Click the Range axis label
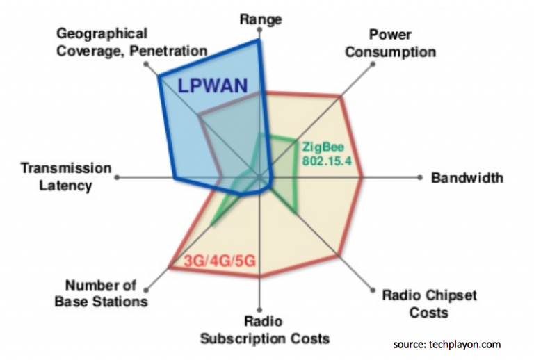(x=261, y=19)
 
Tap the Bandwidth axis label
(x=467, y=178)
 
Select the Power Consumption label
(x=391, y=43)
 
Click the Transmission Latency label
(x=66, y=177)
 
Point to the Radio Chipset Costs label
(x=429, y=304)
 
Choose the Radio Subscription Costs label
(x=265, y=329)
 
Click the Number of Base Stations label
(x=101, y=293)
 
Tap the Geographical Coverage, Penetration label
(x=132, y=42)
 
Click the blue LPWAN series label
(x=213, y=85)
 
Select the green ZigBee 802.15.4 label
(x=327, y=154)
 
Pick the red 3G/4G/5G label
(x=220, y=261)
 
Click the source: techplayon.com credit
(x=447, y=344)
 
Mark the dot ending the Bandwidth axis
(x=420, y=177)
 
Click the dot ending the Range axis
(x=259, y=30)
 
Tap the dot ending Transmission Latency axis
(x=117, y=177)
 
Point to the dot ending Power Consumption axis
(x=373, y=64)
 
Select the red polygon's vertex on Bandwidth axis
(x=362, y=177)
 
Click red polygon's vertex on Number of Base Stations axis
(x=170, y=268)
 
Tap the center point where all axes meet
(x=259, y=177)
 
